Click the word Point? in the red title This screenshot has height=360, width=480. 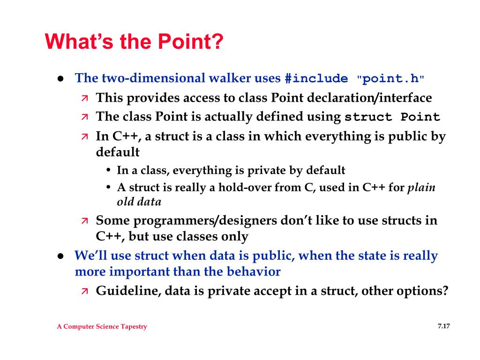pos(190,41)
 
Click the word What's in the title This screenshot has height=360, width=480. pos(79,41)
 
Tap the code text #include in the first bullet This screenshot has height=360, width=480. pos(316,79)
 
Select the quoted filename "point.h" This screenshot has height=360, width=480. pos(390,79)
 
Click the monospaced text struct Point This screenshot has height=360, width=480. pos(392,117)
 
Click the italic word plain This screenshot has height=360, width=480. pos(421,187)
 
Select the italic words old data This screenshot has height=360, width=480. pos(139,202)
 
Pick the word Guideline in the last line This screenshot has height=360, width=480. pos(128,291)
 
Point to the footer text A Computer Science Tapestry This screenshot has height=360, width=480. pos(102,327)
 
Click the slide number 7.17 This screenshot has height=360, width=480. pos(444,326)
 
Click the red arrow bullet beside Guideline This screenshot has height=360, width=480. pos(84,291)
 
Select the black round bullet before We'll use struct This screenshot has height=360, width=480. pos(60,256)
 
